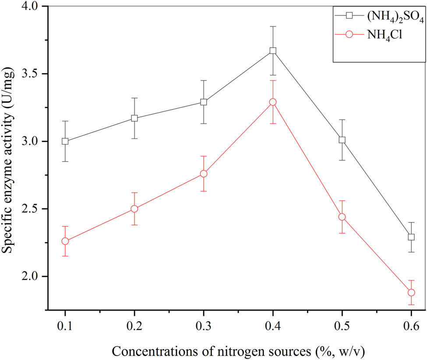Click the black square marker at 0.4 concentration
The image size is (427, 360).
(x=273, y=51)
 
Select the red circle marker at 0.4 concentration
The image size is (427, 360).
(x=273, y=102)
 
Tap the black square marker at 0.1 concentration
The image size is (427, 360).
(x=65, y=141)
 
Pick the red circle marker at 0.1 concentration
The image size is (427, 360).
(x=65, y=241)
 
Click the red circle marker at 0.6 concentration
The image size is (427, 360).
(x=411, y=293)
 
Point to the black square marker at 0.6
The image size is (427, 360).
(x=411, y=237)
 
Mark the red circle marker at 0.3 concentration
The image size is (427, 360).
(x=204, y=174)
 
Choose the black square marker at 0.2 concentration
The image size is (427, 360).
(x=134, y=118)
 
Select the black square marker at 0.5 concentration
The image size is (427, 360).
(x=342, y=140)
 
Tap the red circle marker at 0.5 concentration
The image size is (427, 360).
(x=342, y=217)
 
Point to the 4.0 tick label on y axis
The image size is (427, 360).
(x=30, y=7)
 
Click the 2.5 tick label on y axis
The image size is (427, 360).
(x=30, y=209)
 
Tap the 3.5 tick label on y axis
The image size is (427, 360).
(x=30, y=74)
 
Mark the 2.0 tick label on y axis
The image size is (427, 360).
(x=30, y=276)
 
